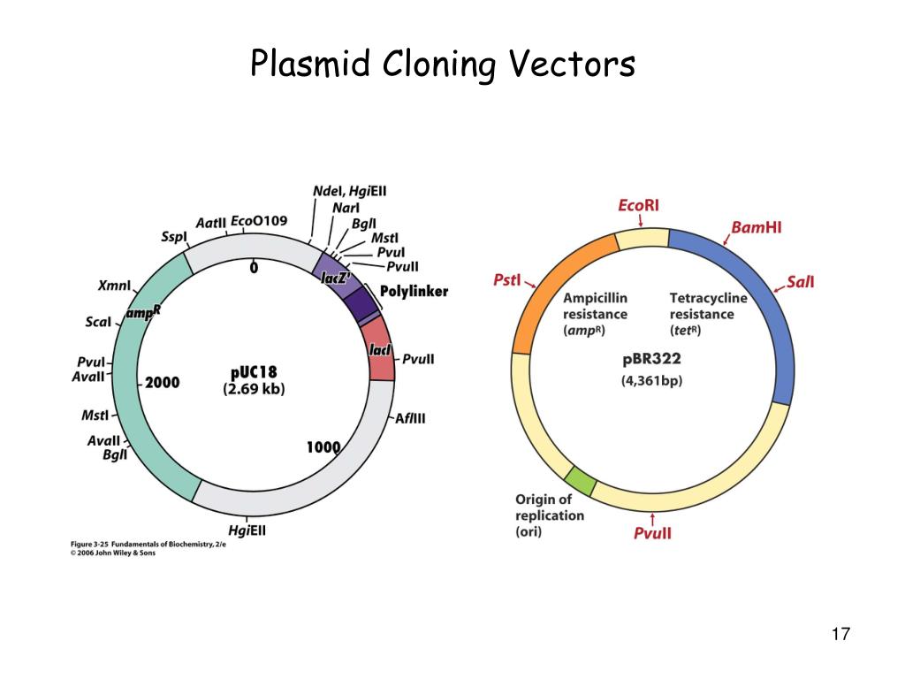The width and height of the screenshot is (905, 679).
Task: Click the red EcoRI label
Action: click(638, 205)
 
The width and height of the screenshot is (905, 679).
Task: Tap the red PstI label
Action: click(507, 280)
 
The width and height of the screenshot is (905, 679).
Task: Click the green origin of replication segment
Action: click(581, 483)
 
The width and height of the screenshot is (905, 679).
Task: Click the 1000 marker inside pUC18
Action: click(323, 447)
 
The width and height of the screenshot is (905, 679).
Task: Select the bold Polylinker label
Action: click(414, 291)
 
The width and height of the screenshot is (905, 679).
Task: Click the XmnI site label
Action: click(114, 286)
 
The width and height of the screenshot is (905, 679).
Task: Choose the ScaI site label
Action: click(98, 321)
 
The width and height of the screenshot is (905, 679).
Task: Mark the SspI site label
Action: click(173, 236)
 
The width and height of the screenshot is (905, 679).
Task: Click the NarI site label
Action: click(346, 208)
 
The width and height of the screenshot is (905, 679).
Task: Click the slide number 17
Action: click(840, 634)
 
